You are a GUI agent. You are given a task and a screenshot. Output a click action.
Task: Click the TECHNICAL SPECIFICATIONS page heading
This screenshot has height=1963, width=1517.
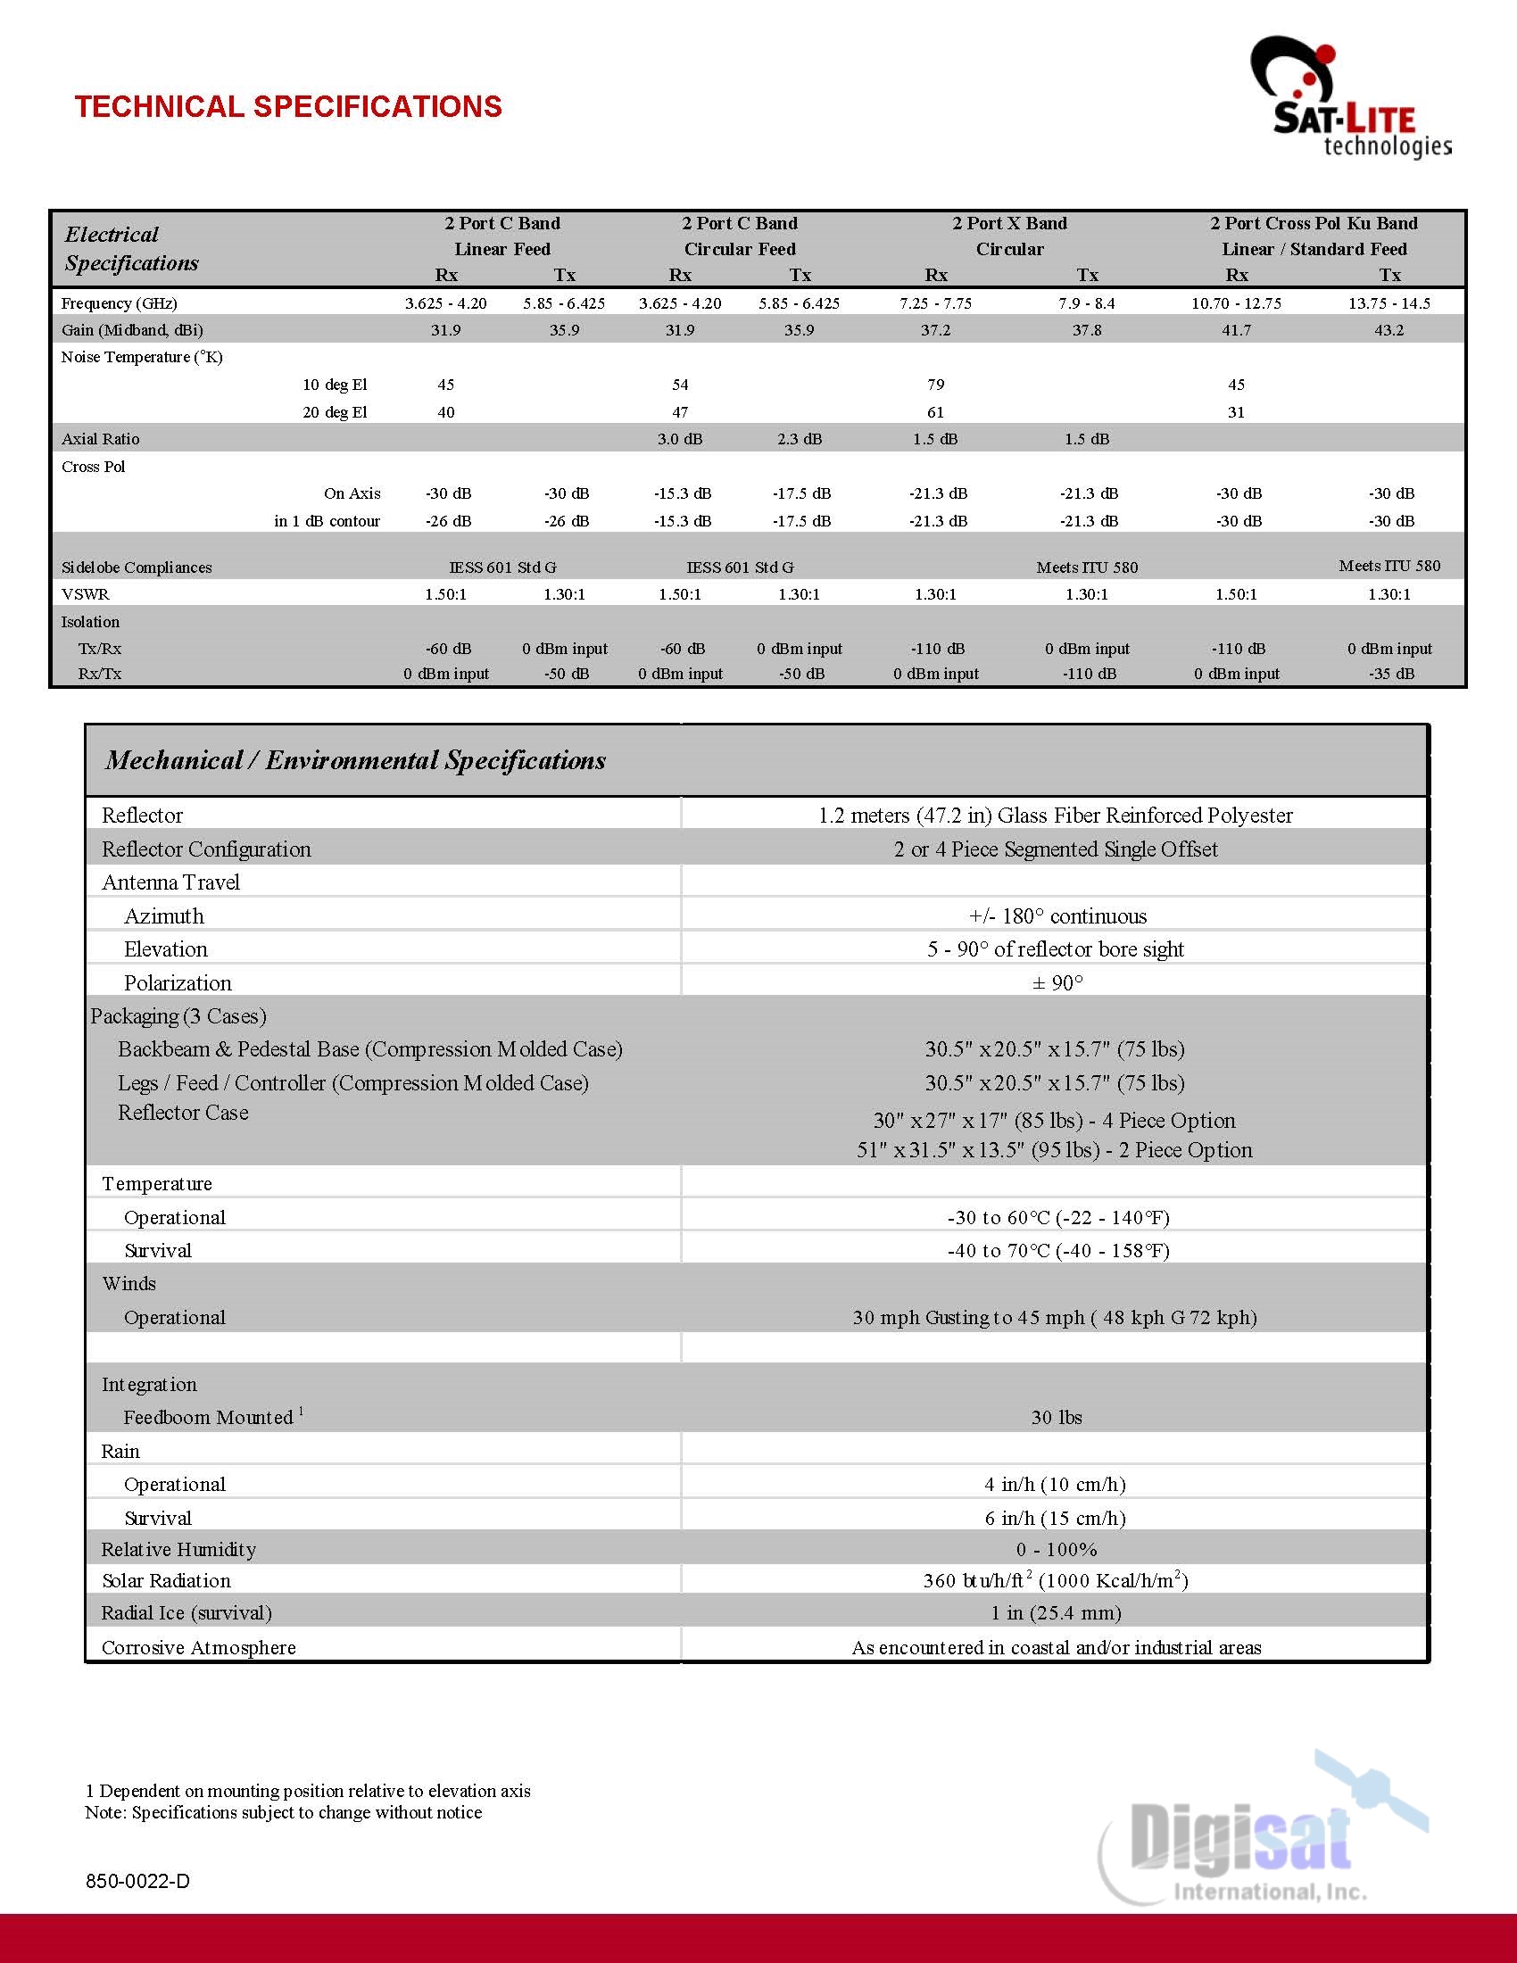287,106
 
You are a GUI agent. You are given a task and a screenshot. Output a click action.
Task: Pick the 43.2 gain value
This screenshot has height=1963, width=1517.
1389,330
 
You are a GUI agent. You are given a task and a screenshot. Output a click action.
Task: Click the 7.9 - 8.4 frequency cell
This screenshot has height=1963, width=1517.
1086,302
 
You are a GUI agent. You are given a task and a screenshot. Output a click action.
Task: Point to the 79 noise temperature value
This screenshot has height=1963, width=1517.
935,385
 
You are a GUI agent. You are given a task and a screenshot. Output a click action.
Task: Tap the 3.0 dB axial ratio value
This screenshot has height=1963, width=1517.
679,439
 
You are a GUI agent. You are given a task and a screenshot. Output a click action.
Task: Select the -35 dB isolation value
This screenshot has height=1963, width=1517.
1391,673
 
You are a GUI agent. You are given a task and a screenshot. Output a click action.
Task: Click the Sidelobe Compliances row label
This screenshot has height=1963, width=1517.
137,567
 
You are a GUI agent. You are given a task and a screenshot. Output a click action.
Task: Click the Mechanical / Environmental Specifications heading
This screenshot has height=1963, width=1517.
355,760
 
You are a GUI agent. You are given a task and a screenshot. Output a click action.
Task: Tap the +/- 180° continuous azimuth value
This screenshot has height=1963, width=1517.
1057,915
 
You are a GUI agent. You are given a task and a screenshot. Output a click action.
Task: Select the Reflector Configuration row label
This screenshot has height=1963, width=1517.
206,849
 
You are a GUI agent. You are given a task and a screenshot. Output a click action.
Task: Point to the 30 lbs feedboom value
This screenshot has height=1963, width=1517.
1056,1418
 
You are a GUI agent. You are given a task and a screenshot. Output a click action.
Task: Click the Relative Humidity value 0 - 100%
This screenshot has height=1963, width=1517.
1056,1550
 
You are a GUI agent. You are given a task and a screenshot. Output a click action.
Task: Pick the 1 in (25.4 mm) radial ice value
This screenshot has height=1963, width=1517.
1056,1612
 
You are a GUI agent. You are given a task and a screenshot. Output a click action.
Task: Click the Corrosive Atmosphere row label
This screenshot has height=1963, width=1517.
199,1647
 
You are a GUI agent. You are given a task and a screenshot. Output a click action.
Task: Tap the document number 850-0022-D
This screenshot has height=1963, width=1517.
137,1881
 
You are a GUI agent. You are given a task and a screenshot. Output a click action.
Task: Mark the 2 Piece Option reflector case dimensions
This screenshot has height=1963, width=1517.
1053,1150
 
